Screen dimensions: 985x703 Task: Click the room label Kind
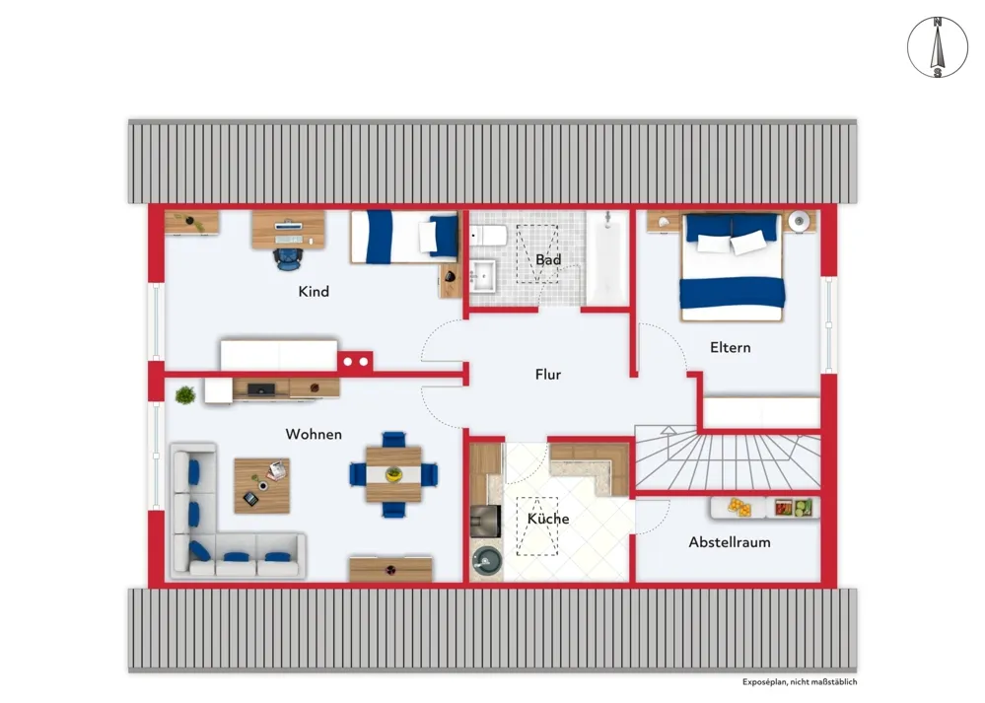coord(314,292)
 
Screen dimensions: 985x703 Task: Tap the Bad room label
coord(548,259)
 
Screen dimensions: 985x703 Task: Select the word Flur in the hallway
coord(548,375)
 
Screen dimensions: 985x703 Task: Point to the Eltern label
coord(730,347)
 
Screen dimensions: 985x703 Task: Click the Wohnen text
coord(314,434)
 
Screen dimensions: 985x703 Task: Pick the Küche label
coord(548,519)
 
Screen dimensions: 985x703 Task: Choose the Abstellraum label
coord(730,542)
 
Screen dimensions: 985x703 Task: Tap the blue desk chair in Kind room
coord(287,259)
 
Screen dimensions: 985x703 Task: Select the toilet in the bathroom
coord(489,237)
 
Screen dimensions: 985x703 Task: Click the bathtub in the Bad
coord(606,257)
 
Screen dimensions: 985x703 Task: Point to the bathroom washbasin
coord(483,275)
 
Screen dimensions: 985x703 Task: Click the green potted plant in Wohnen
coord(185,395)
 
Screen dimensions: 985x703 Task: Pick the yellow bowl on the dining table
coord(393,473)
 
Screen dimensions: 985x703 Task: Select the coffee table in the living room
coord(262,486)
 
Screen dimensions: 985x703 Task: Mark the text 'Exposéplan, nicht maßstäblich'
coord(799,681)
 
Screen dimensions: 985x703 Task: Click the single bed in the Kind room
coord(404,237)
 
